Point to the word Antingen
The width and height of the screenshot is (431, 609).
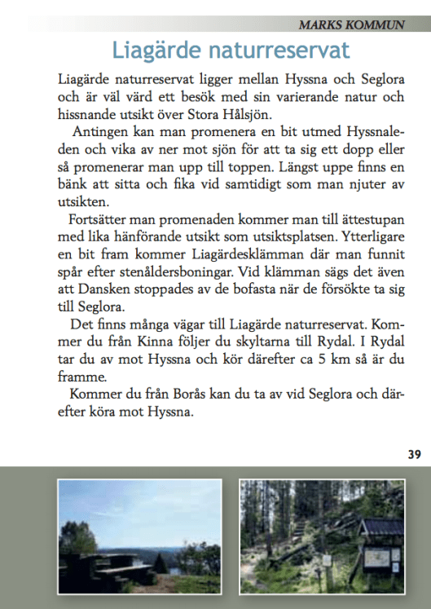(x=98, y=132)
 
